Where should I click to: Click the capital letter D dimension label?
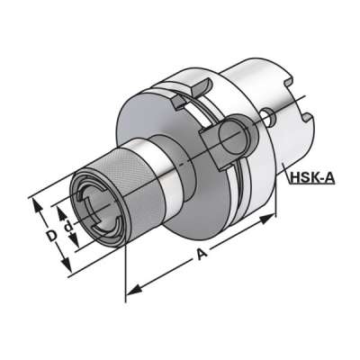coord(51,235)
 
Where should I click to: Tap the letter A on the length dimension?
coord(201,256)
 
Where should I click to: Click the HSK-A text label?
coord(312,178)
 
